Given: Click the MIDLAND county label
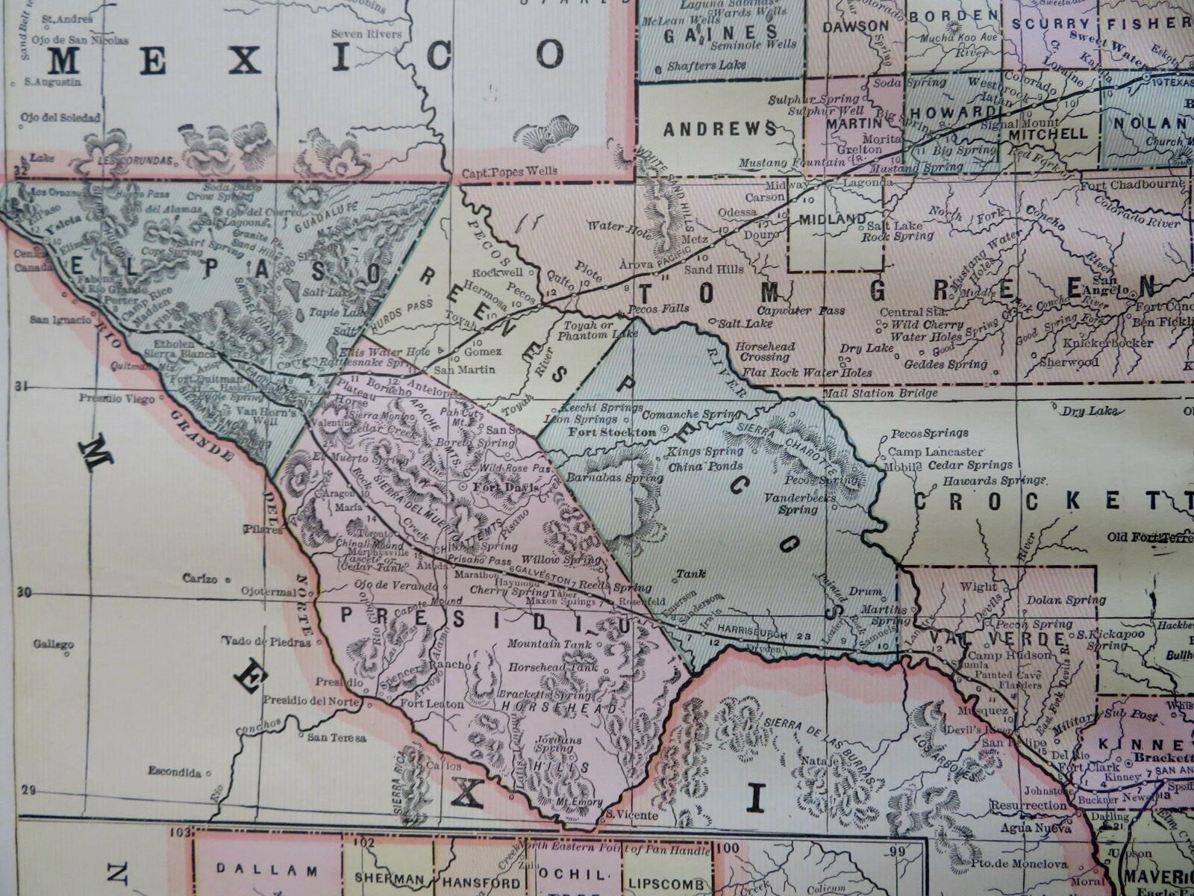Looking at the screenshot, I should click(x=832, y=220).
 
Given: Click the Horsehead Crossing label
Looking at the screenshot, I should click(x=765, y=352).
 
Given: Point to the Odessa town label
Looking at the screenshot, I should click(x=737, y=211).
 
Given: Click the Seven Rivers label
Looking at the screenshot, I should click(x=366, y=34).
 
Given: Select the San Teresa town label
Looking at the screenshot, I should click(x=337, y=738).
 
